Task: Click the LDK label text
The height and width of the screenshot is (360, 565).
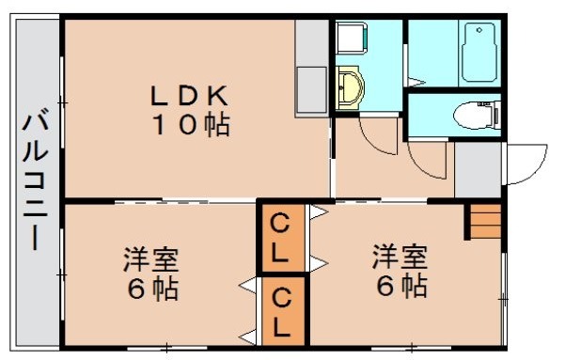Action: pos(189,96)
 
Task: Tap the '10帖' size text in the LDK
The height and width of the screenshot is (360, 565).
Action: pos(191,125)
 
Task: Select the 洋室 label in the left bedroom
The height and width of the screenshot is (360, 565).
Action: pos(152,257)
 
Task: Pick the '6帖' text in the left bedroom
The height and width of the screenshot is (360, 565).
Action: pos(152,287)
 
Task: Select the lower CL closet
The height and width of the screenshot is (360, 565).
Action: pos(281,309)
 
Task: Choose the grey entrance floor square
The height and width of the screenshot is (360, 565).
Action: pos(479,170)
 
